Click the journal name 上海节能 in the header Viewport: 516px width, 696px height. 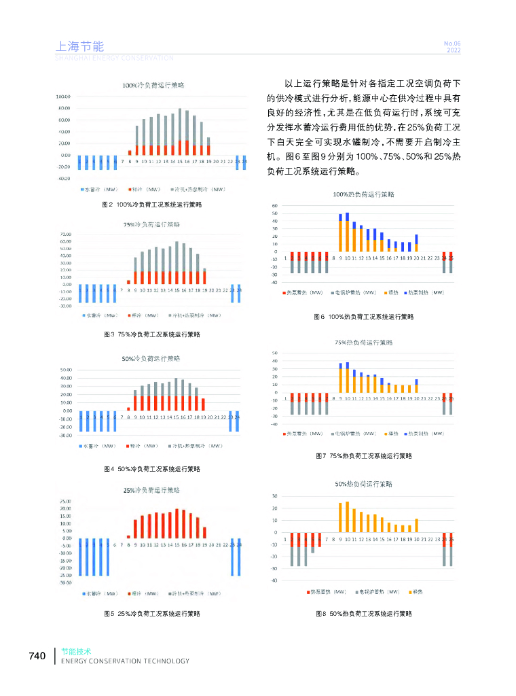(x=79, y=47)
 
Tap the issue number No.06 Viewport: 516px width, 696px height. (x=452, y=43)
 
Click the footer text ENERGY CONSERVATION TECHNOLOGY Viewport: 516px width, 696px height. (x=125, y=661)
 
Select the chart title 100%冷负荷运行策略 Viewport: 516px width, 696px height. (x=153, y=86)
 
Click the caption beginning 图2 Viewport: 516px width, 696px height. (x=151, y=204)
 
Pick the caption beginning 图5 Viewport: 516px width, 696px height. (x=151, y=614)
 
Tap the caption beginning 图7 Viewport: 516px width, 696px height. (x=364, y=456)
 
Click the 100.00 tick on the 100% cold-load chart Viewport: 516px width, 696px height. (x=63, y=97)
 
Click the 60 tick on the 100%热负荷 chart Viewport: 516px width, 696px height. (x=275, y=205)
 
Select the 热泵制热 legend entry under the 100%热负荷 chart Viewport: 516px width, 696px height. (x=426, y=292)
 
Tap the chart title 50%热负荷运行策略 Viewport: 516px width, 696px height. (x=363, y=485)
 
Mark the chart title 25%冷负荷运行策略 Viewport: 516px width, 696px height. (x=151, y=490)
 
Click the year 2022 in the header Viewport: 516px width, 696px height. (x=453, y=50)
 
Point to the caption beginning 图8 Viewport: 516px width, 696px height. (x=364, y=614)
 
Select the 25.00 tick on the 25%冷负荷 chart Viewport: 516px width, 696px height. (x=65, y=502)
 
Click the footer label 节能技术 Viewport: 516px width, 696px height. (x=75, y=651)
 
